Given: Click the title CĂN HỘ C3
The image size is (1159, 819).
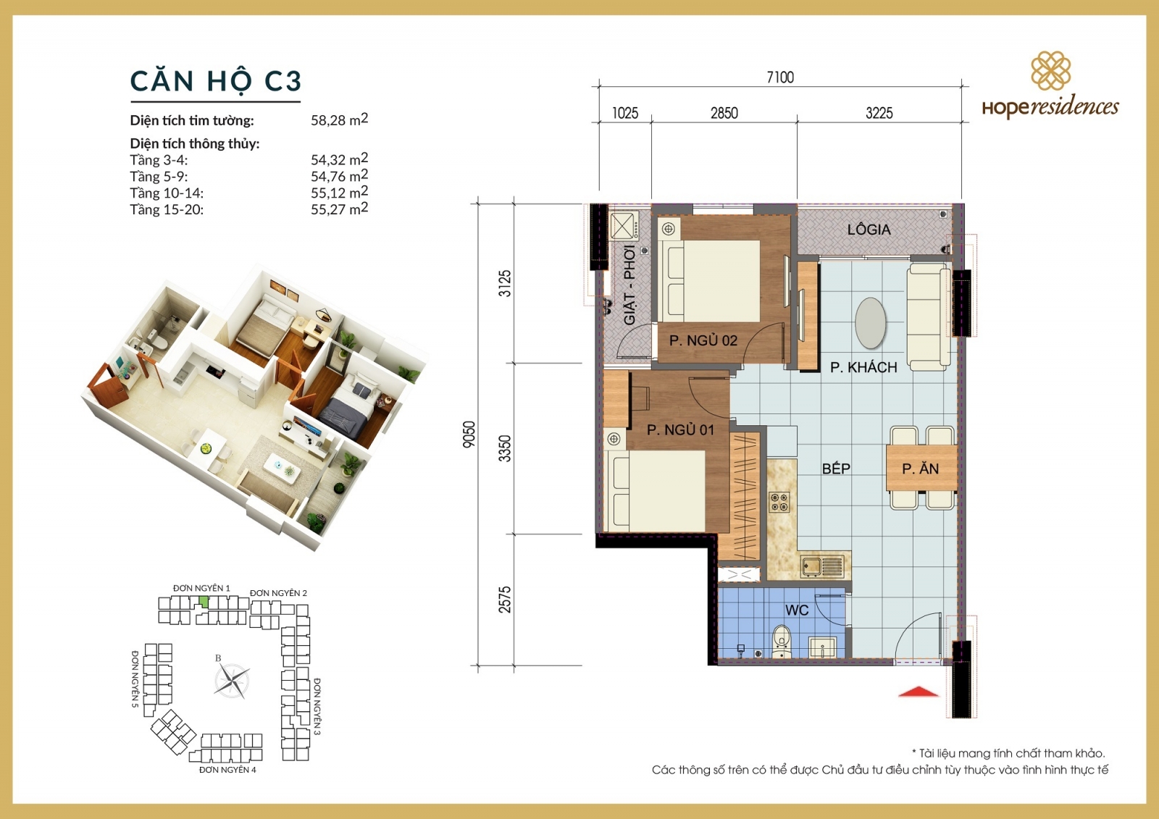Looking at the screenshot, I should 215,81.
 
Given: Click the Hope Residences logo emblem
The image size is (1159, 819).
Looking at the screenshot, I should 1050,71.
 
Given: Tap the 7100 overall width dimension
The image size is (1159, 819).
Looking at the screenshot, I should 780,77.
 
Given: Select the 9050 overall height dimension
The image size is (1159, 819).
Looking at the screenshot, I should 469,434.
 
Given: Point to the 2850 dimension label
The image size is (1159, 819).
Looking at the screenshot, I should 724,113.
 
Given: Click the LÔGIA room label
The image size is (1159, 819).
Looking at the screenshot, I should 869,230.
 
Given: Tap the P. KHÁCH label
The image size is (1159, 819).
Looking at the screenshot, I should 863,367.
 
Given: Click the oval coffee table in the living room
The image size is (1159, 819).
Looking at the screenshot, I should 870,323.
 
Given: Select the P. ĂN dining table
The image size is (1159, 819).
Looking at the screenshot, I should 921,469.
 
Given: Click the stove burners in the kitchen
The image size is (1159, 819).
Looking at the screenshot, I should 779,502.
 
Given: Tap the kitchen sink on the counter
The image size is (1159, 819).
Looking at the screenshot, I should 822,566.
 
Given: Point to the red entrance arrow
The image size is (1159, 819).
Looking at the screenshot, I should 918,692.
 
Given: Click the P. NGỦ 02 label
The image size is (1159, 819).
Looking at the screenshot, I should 703,340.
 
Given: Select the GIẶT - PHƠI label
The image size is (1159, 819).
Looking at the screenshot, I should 629,285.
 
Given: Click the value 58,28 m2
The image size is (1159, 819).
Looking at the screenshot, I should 339,119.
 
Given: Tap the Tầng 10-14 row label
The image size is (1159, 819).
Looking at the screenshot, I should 167,193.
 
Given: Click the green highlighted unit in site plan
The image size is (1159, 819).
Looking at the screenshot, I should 204,602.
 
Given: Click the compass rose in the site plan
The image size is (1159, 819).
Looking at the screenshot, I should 232,681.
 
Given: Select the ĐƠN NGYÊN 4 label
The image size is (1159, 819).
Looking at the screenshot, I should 227,770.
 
